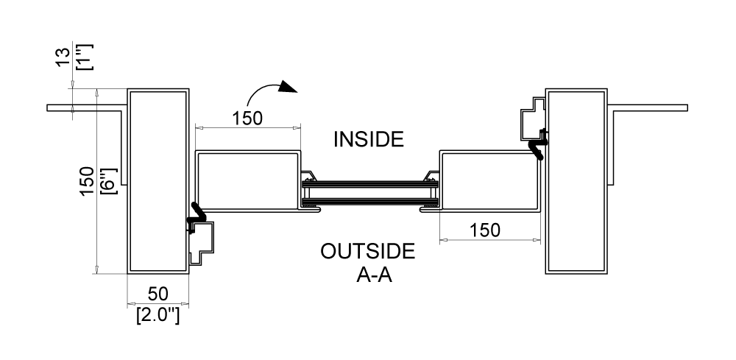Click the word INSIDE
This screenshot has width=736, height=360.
369,139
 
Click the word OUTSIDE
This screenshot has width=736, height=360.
367,251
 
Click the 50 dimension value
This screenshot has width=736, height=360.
158,294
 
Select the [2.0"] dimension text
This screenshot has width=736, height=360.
158,317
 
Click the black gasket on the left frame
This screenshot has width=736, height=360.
197,214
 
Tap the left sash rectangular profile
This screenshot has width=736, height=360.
247,181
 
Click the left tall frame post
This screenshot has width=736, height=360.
158,180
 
